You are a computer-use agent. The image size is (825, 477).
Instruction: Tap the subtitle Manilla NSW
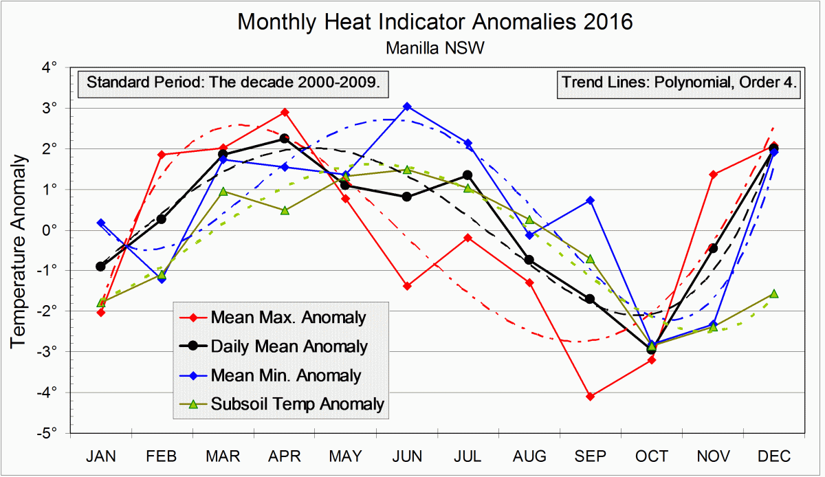pos(434,48)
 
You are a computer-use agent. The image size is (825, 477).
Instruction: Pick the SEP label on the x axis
pos(591,456)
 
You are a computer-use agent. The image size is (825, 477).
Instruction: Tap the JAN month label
pos(101,456)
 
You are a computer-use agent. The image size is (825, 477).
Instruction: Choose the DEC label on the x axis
pos(773,456)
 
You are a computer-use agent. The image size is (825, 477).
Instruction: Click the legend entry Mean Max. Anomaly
pos(288,318)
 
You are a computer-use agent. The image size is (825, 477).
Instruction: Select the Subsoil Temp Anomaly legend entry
pos(297,404)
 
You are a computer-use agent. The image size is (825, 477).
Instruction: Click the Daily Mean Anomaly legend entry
pos(289,346)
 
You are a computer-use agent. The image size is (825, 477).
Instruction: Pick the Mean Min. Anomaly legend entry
pos(286,375)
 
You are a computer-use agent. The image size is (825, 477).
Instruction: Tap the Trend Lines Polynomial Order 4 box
pos(679,84)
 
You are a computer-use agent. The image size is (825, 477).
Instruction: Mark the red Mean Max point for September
pos(591,397)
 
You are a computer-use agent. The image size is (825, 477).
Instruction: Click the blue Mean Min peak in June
pos(407,107)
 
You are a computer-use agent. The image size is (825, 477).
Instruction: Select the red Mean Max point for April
pos(285,112)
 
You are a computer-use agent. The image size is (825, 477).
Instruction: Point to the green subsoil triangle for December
pos(773,293)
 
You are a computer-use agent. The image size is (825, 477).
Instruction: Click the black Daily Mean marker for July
pos(467,175)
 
